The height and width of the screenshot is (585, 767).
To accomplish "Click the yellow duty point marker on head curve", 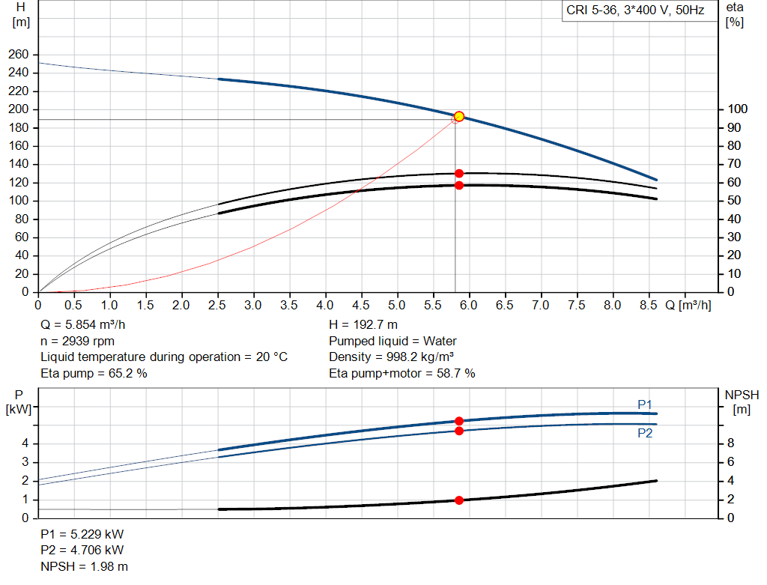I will pyautogui.click(x=459, y=116).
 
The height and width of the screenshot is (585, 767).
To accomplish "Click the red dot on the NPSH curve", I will pyautogui.click(x=459, y=500).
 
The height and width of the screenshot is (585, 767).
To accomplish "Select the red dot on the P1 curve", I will pyautogui.click(x=459, y=421).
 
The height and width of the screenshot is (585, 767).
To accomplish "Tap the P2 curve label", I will pyautogui.click(x=645, y=433).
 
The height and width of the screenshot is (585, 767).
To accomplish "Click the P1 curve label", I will pyautogui.click(x=645, y=404).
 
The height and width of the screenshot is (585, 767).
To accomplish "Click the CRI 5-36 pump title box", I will pyautogui.click(x=635, y=11).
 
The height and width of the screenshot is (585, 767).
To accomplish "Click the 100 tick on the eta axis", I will pyautogui.click(x=737, y=109).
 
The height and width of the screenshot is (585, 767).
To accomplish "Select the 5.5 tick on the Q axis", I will pyautogui.click(x=433, y=306).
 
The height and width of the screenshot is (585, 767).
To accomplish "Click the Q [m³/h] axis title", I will pyautogui.click(x=688, y=306).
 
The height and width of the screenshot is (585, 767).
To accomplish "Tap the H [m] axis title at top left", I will pyautogui.click(x=21, y=14).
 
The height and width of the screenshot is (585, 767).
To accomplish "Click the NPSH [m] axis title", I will pyautogui.click(x=742, y=401).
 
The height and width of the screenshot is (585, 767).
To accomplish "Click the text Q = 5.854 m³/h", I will pyautogui.click(x=84, y=325).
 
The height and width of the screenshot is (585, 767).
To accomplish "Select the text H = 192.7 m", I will pyautogui.click(x=363, y=325).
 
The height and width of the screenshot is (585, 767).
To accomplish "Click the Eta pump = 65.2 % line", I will pyautogui.click(x=94, y=372).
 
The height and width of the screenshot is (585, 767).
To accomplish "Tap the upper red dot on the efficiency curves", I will pyautogui.click(x=459, y=174).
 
